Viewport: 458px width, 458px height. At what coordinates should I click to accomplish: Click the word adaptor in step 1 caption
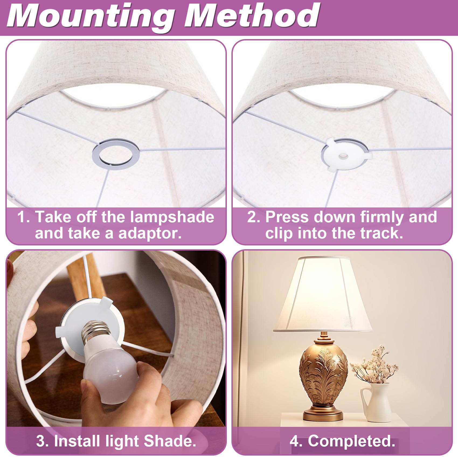pyautogui.click(x=150, y=233)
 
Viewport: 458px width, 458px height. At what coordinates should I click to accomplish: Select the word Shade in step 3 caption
pyautogui.click(x=170, y=441)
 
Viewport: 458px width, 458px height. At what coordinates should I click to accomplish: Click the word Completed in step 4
pyautogui.click(x=352, y=441)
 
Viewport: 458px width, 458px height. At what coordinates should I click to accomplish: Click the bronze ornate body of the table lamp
pyautogui.click(x=323, y=373)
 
